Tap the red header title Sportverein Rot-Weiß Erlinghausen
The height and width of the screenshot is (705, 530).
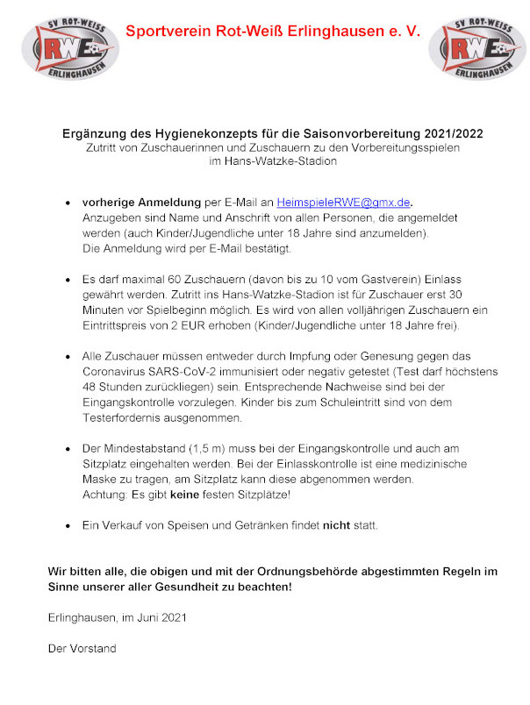point(273,32)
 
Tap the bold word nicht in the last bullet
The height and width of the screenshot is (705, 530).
point(337,525)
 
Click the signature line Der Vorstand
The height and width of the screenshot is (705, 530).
point(82,649)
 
